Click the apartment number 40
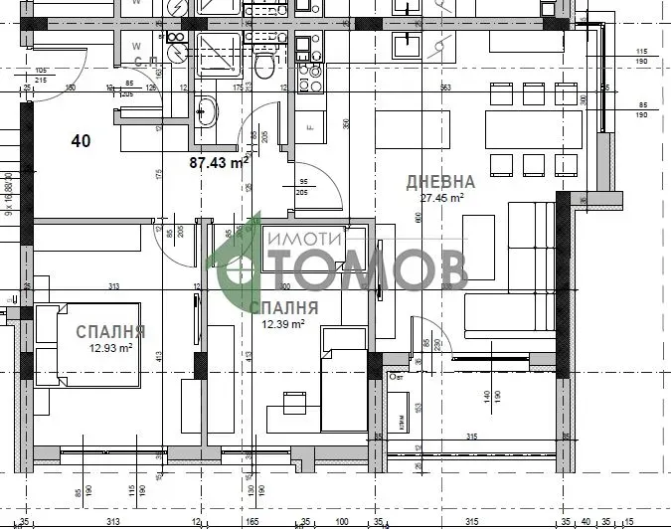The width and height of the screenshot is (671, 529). (x=81, y=141)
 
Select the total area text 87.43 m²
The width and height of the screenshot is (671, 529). (x=219, y=162)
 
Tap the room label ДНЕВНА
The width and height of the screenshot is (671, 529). (x=440, y=182)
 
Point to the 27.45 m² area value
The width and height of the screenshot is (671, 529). (x=442, y=198)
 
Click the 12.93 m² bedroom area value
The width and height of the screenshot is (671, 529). (x=110, y=348)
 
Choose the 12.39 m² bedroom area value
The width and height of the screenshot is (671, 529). (x=283, y=323)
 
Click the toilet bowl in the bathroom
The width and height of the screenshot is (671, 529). (x=264, y=66)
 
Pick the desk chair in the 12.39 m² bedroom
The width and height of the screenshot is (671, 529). (x=293, y=403)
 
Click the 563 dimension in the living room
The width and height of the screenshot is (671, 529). (x=445, y=88)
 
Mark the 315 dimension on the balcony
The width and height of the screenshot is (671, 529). (x=472, y=437)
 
